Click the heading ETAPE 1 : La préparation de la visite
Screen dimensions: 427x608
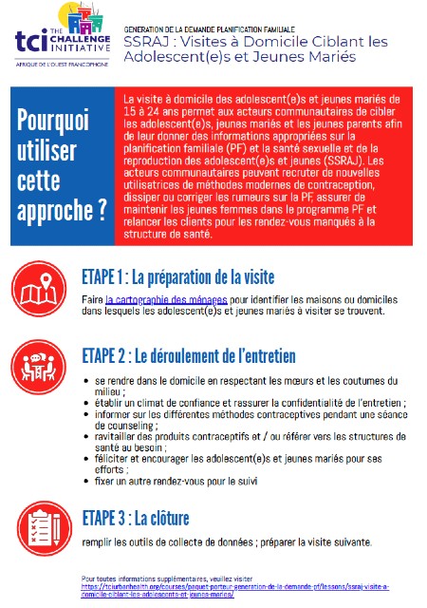tap(177, 278)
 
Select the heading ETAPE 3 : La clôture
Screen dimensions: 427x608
tap(135, 519)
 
